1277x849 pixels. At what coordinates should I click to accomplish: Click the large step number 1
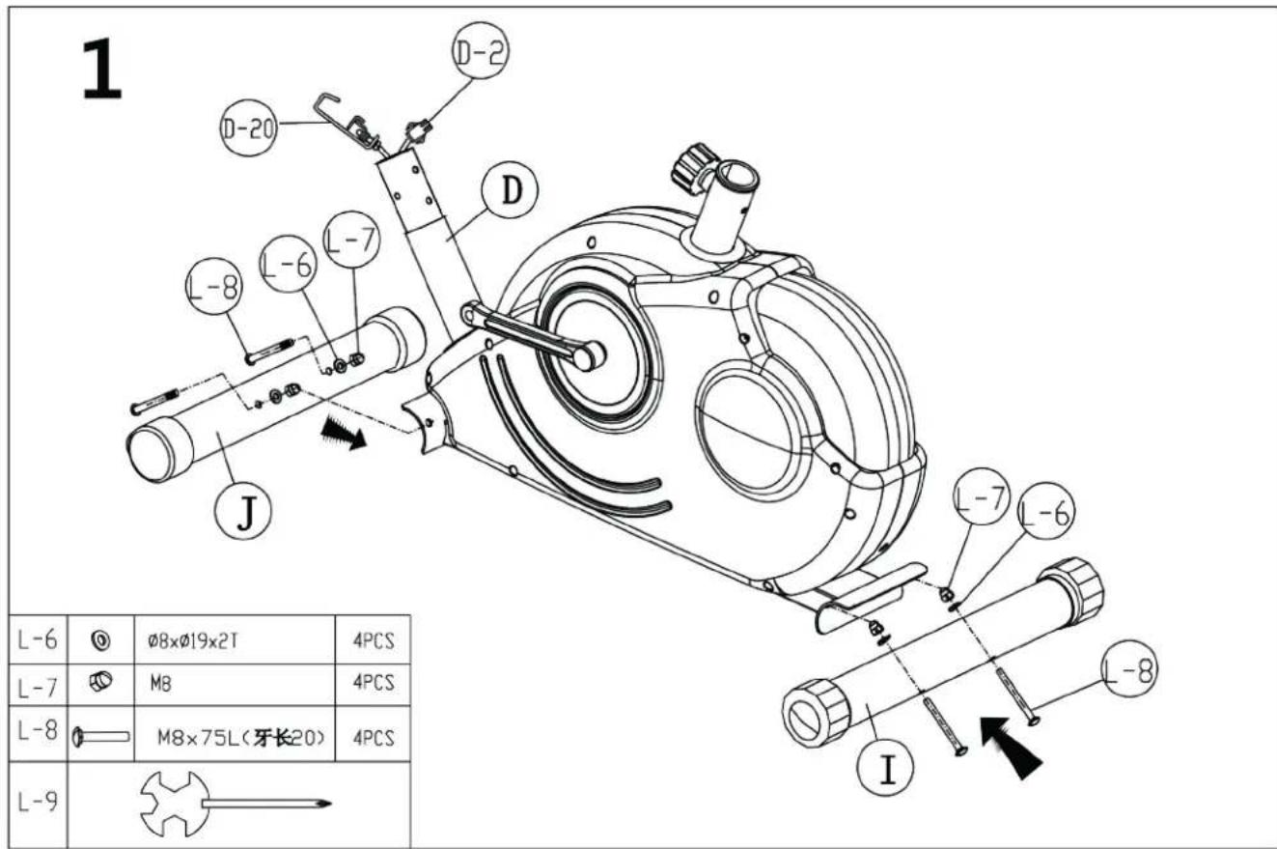pos(101,69)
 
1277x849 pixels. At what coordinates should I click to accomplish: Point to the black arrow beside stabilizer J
pos(346,434)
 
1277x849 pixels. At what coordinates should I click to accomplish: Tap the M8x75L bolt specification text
pos(241,738)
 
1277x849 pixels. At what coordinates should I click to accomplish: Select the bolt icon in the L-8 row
pos(102,737)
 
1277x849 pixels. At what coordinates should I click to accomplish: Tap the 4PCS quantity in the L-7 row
pos(374,682)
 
